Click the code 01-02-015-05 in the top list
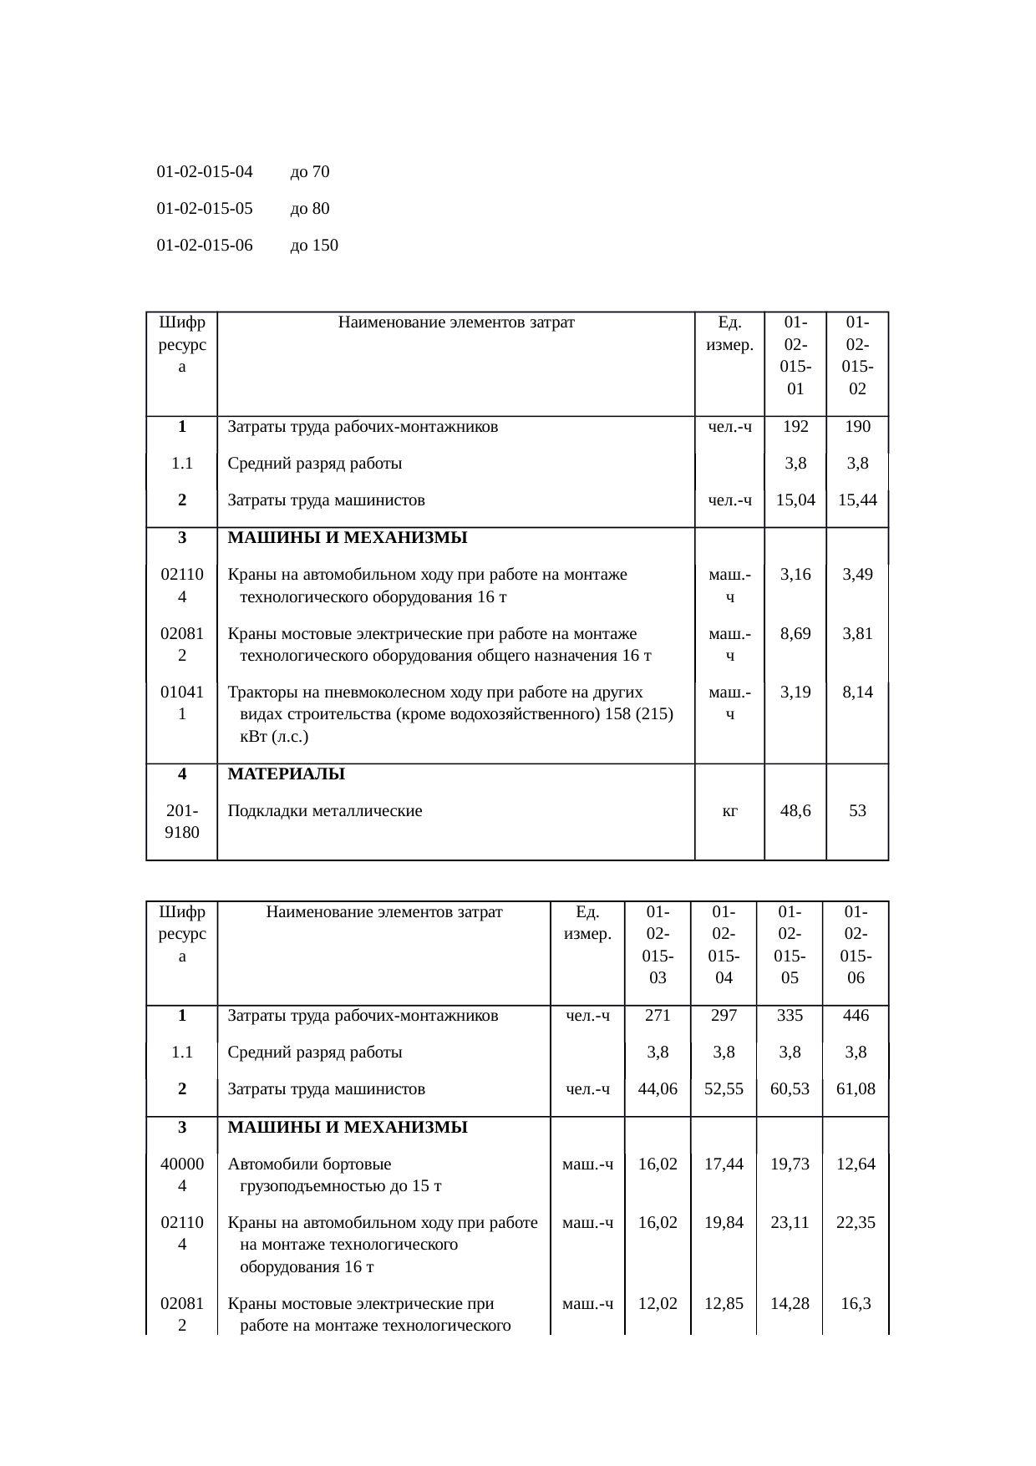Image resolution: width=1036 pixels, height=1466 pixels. tap(205, 209)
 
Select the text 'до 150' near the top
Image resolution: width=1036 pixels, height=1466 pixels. tap(314, 246)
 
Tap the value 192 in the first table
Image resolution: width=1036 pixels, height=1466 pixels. tap(795, 427)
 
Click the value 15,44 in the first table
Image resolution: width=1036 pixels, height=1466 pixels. tap(857, 500)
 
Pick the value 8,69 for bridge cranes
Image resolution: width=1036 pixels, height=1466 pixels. tap(795, 633)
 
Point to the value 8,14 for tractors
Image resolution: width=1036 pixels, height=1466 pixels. tap(857, 692)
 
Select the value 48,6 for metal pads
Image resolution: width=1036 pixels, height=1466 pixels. tap(795, 810)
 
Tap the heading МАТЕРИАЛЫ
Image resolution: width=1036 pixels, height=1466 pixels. tap(286, 774)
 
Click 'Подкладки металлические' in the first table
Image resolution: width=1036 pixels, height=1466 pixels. tap(325, 810)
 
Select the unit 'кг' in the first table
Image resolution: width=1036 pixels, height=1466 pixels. tap(729, 810)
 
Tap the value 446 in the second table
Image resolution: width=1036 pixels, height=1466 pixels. tap(856, 1016)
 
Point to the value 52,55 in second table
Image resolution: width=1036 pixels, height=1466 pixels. tap(724, 1089)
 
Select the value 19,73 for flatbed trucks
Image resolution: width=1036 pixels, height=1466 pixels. tap(790, 1164)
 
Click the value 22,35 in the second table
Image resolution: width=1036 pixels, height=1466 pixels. tap(856, 1223)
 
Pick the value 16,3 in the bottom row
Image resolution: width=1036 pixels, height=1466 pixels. tap(856, 1303)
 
